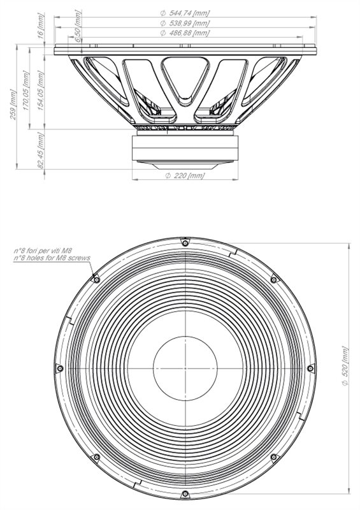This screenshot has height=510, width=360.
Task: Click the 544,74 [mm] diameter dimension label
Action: (185, 13)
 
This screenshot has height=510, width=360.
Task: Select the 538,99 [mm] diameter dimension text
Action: (185, 23)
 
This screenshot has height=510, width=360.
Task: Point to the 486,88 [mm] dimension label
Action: (185, 33)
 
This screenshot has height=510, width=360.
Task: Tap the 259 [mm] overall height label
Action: (13, 105)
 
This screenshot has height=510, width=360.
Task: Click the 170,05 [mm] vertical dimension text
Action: (26, 90)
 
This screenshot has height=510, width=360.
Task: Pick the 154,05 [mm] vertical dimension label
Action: (41, 90)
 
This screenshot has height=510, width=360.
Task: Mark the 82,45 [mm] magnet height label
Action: (41, 150)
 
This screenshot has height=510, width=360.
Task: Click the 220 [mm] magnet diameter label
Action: (185, 176)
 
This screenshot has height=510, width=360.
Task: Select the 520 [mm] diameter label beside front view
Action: (345, 366)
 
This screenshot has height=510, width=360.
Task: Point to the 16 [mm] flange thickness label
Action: (41, 26)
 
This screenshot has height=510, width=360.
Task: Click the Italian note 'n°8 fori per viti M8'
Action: (43, 251)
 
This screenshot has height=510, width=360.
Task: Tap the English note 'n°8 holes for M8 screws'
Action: (52, 258)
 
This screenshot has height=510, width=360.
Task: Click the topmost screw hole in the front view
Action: (185, 243)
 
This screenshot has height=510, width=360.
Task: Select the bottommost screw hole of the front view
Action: (185, 494)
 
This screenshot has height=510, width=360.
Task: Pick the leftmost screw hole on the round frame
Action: (59, 368)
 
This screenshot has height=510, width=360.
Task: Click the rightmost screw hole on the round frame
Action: (310, 368)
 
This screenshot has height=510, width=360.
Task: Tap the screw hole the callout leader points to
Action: (96, 280)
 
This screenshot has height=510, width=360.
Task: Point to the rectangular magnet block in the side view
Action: (185, 148)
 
